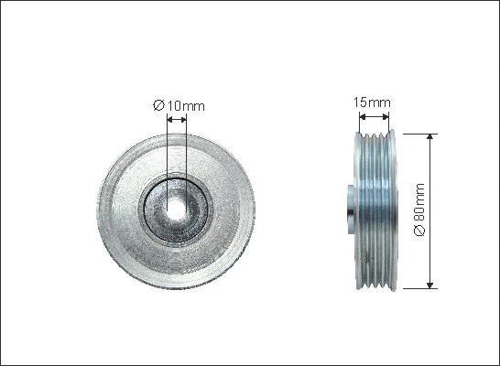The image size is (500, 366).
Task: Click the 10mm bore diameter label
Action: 185,106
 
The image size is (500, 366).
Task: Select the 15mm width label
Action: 373,102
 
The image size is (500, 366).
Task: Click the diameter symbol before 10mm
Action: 158,106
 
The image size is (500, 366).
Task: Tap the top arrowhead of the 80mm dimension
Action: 430,137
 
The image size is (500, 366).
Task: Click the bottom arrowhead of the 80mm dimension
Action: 430,284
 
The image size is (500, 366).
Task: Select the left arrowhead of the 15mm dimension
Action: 361,116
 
